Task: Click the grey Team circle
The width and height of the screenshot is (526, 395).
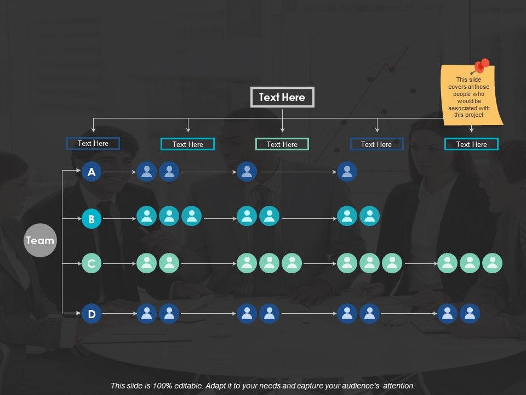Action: pos(40,240)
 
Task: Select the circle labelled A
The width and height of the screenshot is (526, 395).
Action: pos(92,172)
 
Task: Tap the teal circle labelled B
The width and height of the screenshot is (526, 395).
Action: pos(92,219)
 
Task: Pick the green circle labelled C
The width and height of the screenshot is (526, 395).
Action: pos(92,263)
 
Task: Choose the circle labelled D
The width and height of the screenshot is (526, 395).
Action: pos(92,314)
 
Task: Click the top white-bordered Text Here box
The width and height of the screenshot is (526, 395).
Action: pos(282,97)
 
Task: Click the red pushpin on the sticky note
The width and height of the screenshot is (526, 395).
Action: pos(481,66)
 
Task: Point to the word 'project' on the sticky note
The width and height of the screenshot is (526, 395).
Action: pos(474,115)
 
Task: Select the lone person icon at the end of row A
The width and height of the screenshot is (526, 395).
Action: pos(347,172)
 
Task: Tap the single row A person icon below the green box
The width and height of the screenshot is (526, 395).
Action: pos(247,172)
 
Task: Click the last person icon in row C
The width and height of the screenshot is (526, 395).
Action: pos(492,263)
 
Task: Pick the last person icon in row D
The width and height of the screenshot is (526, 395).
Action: pos(470,314)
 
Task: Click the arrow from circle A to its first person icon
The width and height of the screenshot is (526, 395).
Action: pos(119,172)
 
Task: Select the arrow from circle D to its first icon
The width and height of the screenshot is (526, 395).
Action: pos(119,314)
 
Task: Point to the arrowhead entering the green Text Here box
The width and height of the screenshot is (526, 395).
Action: pos(283,131)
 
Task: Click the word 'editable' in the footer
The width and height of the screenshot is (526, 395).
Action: pos(189,386)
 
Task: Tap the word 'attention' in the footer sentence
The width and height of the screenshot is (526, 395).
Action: pos(398,386)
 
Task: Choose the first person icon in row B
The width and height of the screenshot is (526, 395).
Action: pos(147,216)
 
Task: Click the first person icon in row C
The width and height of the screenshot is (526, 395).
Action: pos(147,263)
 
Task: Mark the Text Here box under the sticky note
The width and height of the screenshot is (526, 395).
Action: pos(471,144)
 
